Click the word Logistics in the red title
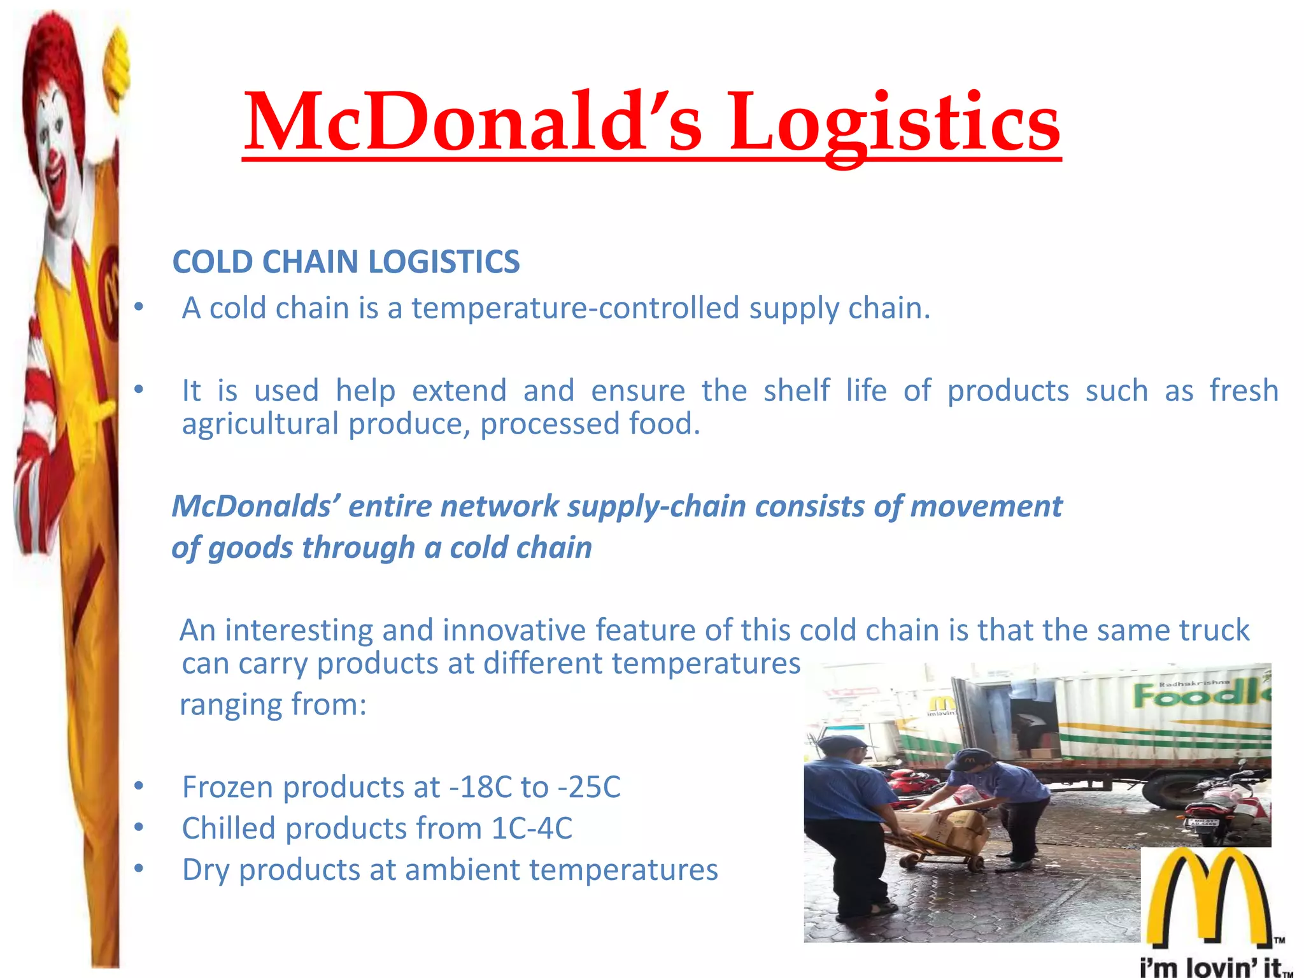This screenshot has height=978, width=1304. pos(895,122)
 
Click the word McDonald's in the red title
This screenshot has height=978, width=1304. pos(472,122)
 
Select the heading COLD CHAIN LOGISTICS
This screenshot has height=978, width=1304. pos(346,262)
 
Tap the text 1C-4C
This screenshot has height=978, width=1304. pos(532,828)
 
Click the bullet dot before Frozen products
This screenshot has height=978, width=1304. pos(139,787)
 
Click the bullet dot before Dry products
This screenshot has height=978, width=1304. pos(139,869)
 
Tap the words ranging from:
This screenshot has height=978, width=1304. pos(273,705)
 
